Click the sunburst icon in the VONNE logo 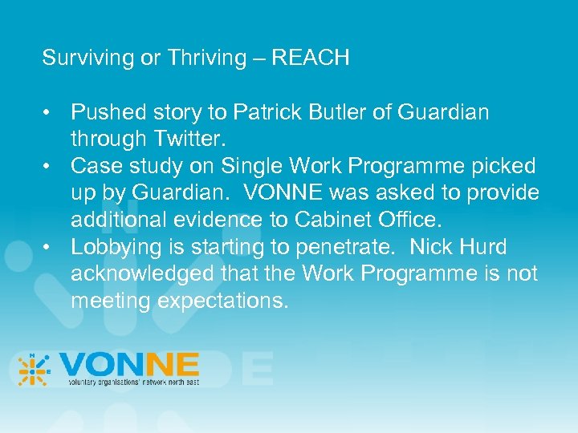(x=35, y=370)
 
